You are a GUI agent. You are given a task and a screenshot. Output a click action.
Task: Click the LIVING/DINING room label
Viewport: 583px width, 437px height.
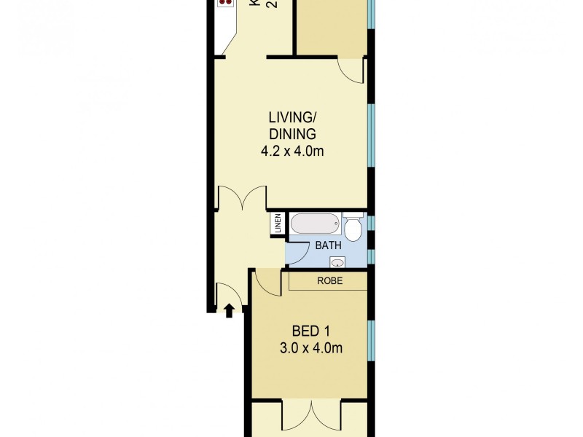pyautogui.click(x=291, y=125)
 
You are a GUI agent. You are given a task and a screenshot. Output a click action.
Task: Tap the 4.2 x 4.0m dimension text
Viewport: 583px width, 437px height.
pyautogui.click(x=291, y=151)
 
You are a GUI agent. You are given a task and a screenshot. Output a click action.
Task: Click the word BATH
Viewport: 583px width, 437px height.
pyautogui.click(x=328, y=246)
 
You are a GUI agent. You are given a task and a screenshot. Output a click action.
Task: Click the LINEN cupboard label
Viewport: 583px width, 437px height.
pyautogui.click(x=278, y=224)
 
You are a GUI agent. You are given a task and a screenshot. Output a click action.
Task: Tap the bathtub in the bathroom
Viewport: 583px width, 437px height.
pyautogui.click(x=315, y=224)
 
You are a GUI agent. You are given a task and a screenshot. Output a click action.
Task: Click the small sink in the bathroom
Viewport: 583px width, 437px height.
pyautogui.click(x=337, y=262)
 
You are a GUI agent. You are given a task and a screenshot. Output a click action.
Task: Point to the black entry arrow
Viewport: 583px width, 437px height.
pyautogui.click(x=229, y=311)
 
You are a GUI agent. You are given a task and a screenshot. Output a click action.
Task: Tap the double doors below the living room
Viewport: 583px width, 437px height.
pyautogui.click(x=242, y=197)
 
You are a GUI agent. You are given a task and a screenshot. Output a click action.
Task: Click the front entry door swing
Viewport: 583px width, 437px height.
pyautogui.click(x=229, y=294)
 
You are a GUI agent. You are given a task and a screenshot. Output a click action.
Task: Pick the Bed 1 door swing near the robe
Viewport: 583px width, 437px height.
pyautogui.click(x=267, y=283)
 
